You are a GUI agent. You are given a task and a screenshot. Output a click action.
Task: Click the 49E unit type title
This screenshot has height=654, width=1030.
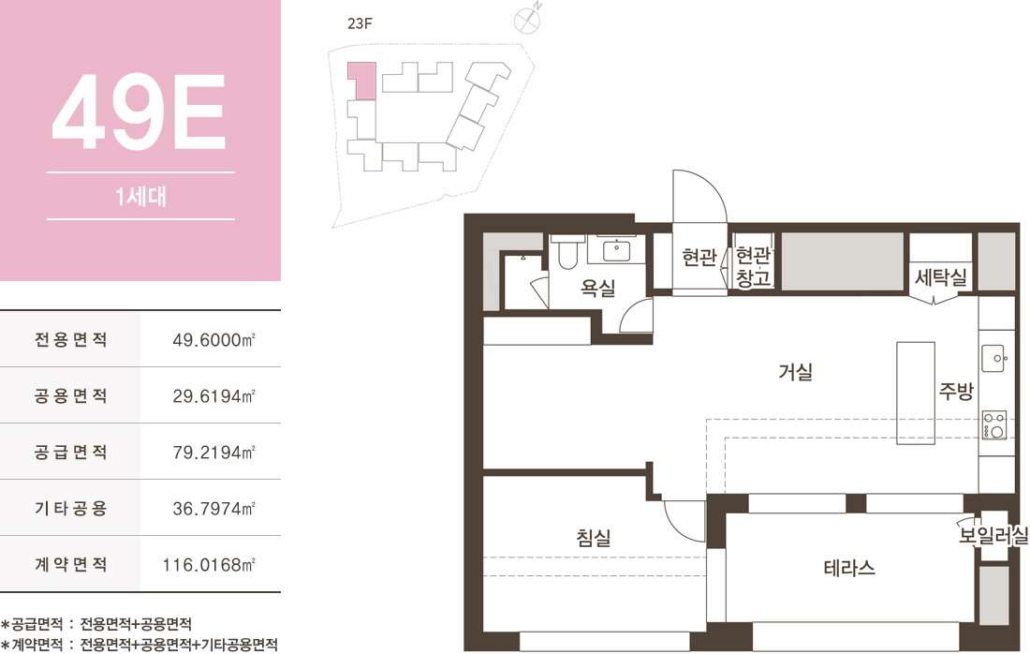pyautogui.click(x=140, y=111)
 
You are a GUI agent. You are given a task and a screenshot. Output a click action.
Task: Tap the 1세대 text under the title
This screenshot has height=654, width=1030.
pyautogui.click(x=140, y=196)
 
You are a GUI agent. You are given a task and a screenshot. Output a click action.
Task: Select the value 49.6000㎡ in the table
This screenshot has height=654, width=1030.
pyautogui.click(x=213, y=340)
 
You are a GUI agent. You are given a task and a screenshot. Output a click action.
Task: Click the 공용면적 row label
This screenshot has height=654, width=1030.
pyautogui.click(x=71, y=395)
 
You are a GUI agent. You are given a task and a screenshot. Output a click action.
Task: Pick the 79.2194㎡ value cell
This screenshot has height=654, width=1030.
pyautogui.click(x=213, y=453)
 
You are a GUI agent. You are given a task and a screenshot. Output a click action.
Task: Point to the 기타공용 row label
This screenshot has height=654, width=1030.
pyautogui.click(x=71, y=508)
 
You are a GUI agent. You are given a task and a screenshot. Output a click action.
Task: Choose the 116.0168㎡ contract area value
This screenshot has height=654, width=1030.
pyautogui.click(x=209, y=565)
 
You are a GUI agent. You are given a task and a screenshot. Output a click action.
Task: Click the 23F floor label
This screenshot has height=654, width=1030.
pyautogui.click(x=360, y=23)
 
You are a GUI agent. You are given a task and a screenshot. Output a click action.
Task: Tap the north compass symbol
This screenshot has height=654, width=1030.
pyautogui.click(x=527, y=20)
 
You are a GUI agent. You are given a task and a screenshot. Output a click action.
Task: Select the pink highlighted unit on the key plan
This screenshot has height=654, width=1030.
pyautogui.click(x=362, y=81)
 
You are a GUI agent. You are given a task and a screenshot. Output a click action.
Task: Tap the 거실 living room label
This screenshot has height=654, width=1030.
pyautogui.click(x=796, y=372)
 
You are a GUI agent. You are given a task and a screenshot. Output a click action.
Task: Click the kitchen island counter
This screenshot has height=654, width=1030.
pyautogui.click(x=916, y=394)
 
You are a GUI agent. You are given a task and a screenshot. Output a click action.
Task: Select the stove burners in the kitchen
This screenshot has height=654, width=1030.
pyautogui.click(x=993, y=424)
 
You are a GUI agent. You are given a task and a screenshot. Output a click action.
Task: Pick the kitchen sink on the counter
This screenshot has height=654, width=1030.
pyautogui.click(x=993, y=359)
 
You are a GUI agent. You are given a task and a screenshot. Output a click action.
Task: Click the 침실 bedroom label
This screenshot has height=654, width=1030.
pyautogui.click(x=594, y=538)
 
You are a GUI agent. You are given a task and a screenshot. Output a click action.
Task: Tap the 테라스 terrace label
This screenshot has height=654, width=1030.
pyautogui.click(x=849, y=567)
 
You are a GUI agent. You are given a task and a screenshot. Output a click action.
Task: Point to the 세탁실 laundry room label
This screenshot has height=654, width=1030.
pyautogui.click(x=941, y=277)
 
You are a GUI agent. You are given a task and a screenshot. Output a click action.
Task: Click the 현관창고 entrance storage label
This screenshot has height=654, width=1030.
pyautogui.click(x=753, y=266)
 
